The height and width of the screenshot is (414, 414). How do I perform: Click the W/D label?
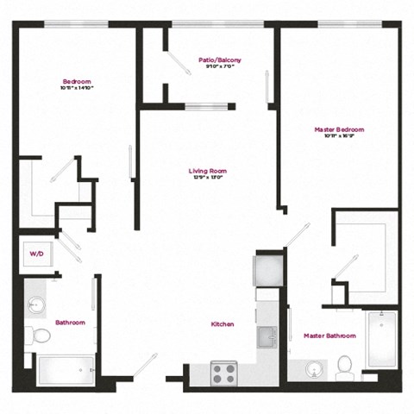[36, 254]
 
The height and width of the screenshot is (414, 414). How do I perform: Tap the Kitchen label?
[223, 323]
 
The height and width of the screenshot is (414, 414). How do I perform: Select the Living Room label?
[207, 171]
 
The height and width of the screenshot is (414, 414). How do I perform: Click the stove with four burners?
[223, 373]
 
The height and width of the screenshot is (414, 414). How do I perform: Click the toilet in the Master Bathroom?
[345, 366]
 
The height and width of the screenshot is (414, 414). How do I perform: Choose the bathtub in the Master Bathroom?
[379, 345]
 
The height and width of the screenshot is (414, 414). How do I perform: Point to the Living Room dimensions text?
[207, 179]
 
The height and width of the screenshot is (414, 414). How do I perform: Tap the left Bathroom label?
[71, 323]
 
